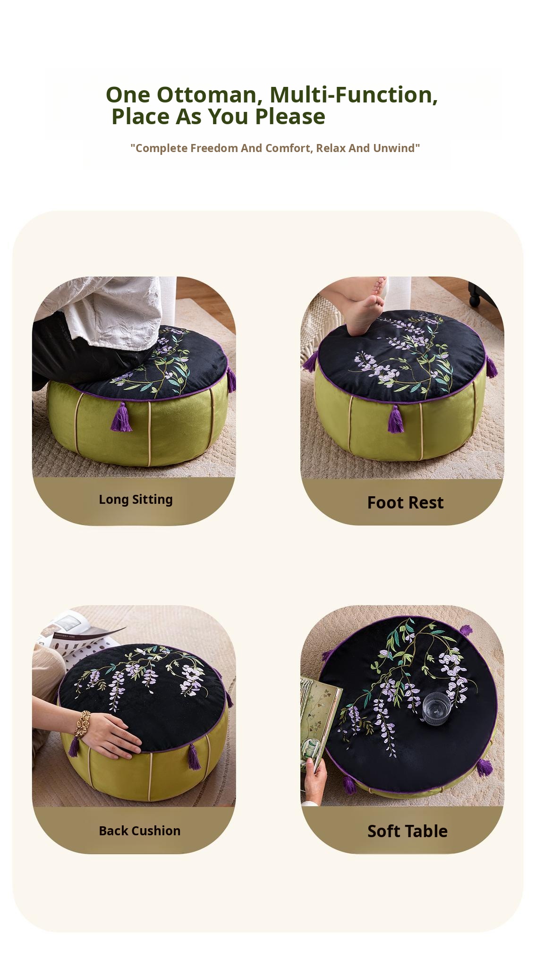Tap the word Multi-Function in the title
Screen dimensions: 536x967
[x=354, y=94]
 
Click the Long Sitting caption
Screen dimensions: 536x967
[x=136, y=500]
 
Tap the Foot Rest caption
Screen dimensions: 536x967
[x=405, y=502]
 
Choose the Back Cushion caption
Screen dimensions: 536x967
[x=139, y=831]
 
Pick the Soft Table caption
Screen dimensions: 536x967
[x=407, y=831]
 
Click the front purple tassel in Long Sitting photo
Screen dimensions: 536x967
[x=121, y=417]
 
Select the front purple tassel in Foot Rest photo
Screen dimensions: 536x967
[x=396, y=420]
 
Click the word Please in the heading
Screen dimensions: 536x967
[x=290, y=117]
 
